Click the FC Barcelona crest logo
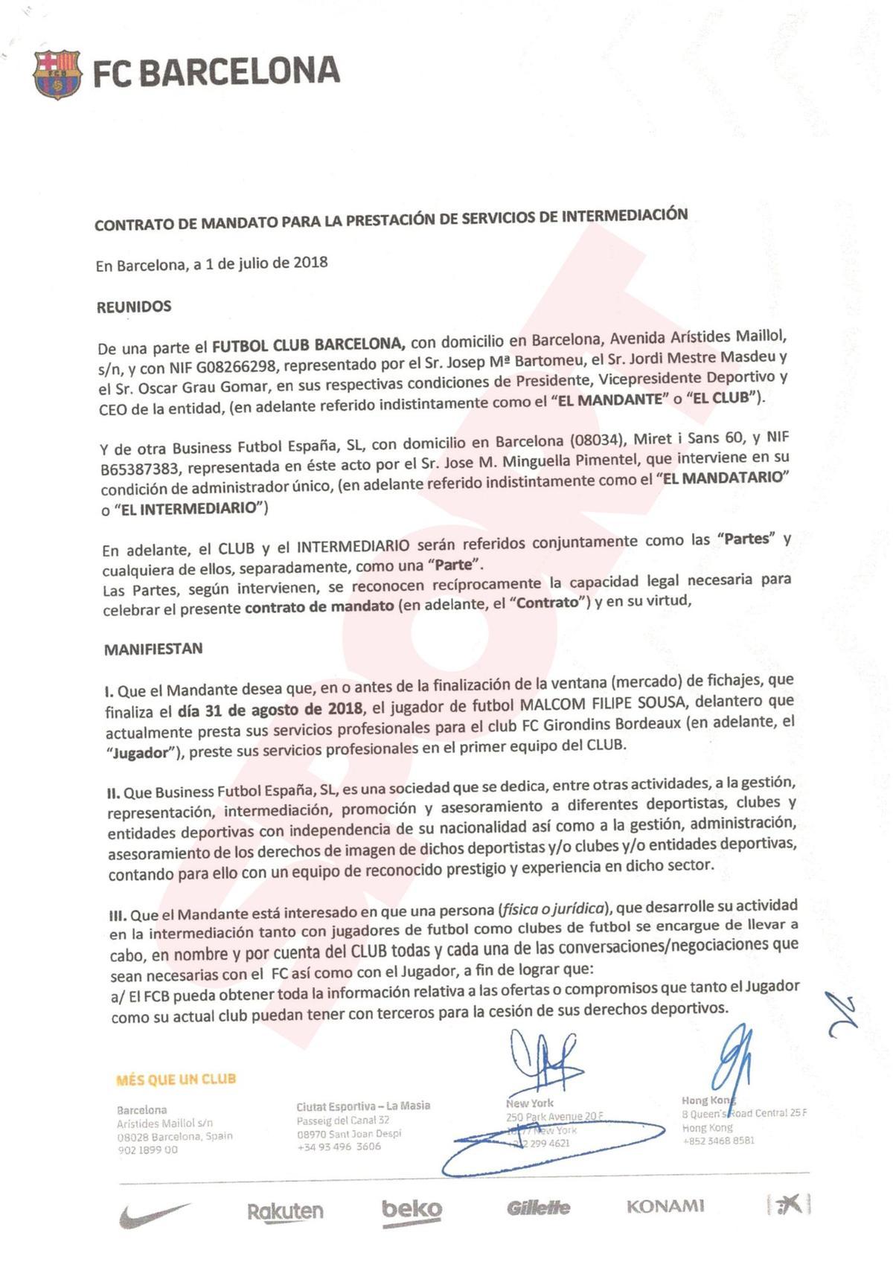tap(57, 74)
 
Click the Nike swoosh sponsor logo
tap(154, 1213)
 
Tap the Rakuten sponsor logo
tap(285, 1211)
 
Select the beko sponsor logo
tap(411, 1210)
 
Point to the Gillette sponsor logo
tap(538, 1208)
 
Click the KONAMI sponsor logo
tap(665, 1205)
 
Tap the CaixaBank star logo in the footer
tap(789, 1203)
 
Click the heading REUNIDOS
tap(134, 307)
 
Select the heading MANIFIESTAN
tap(153, 649)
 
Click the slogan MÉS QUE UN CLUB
tap(176, 1079)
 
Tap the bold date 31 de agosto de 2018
tap(271, 708)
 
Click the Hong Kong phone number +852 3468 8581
tap(717, 1140)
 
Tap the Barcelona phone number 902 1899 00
tap(147, 1149)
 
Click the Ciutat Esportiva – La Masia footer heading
tap(363, 1106)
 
